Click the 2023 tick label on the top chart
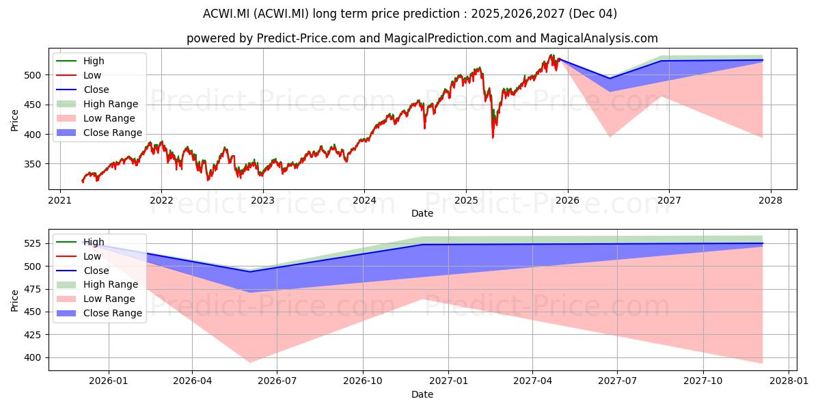pos(262,200)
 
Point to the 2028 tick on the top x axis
pos(771,200)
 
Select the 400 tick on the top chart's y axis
pos(34,135)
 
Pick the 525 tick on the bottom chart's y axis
pos(34,244)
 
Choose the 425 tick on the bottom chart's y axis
pos(34,335)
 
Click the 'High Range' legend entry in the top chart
pos(110,104)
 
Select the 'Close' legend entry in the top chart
pos(96,90)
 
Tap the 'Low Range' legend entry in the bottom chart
pos(109,299)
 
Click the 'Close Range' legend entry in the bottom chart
pos(112,313)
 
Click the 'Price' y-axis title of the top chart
pos(15,119)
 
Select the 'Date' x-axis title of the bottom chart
pos(422,394)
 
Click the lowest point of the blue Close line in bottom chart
pos(250,271)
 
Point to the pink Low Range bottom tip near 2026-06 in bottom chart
pos(250,362)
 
